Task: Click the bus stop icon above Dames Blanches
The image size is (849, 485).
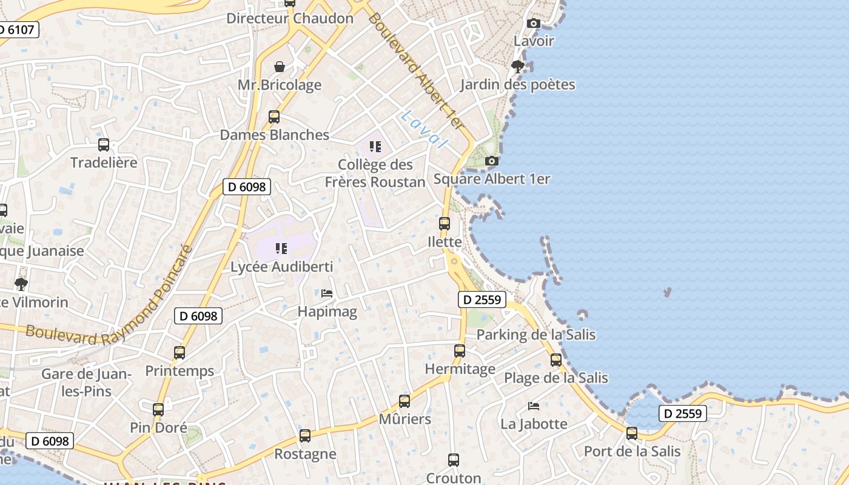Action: point(274,116)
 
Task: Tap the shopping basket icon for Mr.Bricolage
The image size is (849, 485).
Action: point(280,66)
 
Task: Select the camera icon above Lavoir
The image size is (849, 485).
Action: point(534,23)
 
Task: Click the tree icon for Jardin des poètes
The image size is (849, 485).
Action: point(517,66)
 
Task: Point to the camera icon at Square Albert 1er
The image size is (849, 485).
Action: point(492,161)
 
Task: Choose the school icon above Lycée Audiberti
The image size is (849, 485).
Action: point(281,248)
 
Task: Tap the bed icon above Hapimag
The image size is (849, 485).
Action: point(327,293)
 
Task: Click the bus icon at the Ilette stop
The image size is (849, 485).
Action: point(445,223)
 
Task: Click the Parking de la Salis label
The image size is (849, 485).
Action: point(536,335)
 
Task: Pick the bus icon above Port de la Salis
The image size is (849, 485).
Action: point(632,433)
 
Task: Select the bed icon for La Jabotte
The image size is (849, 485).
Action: point(534,406)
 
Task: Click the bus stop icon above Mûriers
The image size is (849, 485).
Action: point(404,401)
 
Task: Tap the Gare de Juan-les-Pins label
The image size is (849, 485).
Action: point(86,383)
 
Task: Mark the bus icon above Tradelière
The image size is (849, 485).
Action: point(104,144)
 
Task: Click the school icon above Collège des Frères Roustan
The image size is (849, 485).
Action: point(375,146)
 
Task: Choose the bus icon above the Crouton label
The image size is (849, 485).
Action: point(454,460)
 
